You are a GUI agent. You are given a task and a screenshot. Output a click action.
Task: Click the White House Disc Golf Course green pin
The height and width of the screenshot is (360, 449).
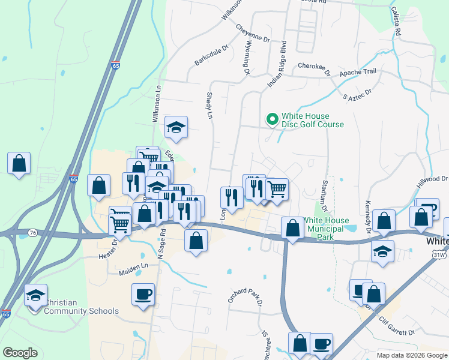[272, 120]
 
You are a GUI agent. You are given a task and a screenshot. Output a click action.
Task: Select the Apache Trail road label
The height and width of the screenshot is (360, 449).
[358, 72]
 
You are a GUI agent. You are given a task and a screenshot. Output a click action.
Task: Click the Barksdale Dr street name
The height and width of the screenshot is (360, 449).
[212, 55]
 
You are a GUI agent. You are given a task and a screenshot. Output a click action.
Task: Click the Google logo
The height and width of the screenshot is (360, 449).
[20, 352]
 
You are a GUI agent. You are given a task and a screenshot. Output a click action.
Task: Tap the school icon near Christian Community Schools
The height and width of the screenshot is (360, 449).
[36, 295]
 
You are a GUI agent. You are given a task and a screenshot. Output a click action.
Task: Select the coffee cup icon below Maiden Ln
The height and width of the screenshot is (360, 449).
[143, 294]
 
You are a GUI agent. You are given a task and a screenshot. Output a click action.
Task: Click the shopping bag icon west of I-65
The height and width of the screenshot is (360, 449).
[19, 163]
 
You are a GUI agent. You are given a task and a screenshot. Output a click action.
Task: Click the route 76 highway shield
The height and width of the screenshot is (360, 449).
[32, 233]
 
